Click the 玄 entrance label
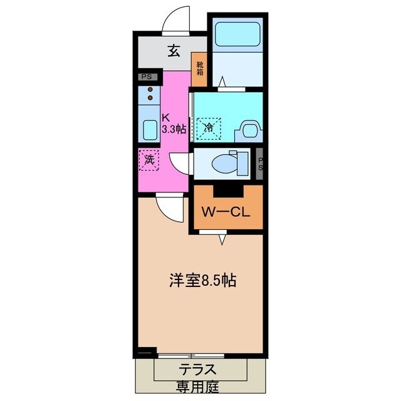174,51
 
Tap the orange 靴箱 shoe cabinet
199,68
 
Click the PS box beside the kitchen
146,77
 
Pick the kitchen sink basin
149,130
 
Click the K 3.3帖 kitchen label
172,123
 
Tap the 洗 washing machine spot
149,160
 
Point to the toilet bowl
224,162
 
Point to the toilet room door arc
180,162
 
